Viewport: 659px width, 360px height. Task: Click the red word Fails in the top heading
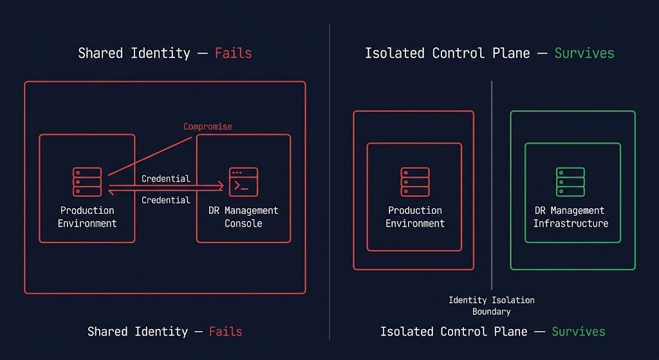(233, 53)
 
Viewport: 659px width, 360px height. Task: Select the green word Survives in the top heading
(584, 53)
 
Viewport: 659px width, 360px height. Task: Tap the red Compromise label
(207, 126)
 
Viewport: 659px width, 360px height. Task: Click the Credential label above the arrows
(165, 178)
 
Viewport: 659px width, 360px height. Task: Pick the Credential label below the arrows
(165, 200)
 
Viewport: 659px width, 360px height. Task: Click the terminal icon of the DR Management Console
(243, 182)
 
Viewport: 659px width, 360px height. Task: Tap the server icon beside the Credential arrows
(87, 182)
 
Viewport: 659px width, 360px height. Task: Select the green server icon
(571, 182)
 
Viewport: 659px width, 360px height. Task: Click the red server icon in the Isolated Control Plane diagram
(415, 182)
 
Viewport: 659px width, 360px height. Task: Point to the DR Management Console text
(243, 217)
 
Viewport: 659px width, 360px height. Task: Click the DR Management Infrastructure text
(571, 217)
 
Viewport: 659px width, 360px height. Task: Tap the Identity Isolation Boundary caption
(492, 306)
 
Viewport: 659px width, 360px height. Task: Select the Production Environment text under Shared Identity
(87, 217)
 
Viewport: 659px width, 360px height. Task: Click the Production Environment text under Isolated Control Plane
(415, 217)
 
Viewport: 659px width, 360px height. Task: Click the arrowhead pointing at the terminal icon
(221, 185)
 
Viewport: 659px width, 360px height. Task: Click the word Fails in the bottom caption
(225, 332)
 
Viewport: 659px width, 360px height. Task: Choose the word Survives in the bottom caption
(578, 332)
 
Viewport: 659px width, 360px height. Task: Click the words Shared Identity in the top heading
(134, 53)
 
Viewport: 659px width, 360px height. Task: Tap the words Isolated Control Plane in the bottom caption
(454, 332)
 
